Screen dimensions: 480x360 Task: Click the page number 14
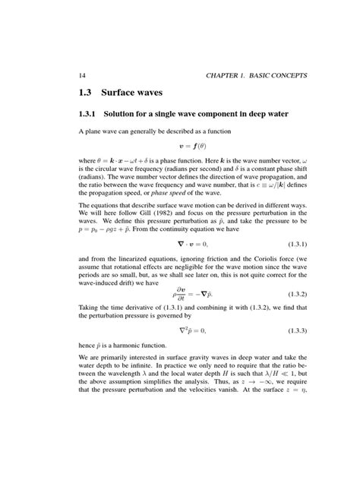pyautogui.click(x=83, y=74)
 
